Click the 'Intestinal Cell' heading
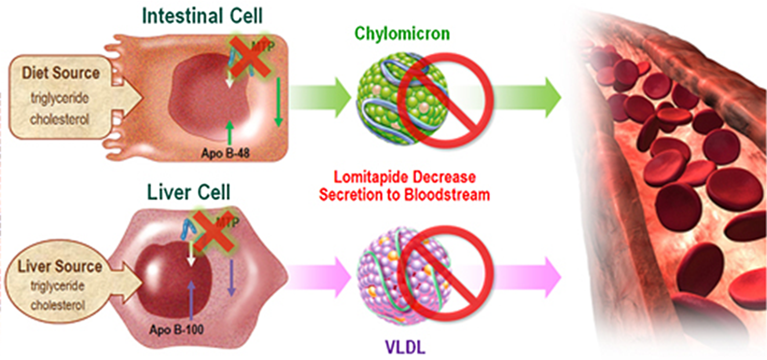pyautogui.click(x=202, y=16)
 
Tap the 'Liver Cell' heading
pyautogui.click(x=189, y=192)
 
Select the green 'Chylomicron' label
pyautogui.click(x=402, y=34)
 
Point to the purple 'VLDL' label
pyautogui.click(x=405, y=347)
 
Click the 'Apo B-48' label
pyautogui.click(x=225, y=153)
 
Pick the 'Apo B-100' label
pyautogui.click(x=176, y=329)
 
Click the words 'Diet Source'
pyautogui.click(x=61, y=73)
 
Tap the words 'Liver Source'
pyautogui.click(x=60, y=266)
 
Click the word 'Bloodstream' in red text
pyautogui.click(x=447, y=194)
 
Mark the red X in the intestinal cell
pyautogui.click(x=251, y=57)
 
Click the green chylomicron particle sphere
pyautogui.click(x=403, y=98)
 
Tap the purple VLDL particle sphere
pyautogui.click(x=404, y=276)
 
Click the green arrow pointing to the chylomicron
pyautogui.click(x=320, y=98)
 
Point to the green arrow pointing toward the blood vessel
pyautogui.click(x=527, y=98)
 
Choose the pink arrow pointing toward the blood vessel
pyautogui.click(x=527, y=277)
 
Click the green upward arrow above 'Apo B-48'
pyautogui.click(x=230, y=133)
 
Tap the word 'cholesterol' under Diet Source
pyautogui.click(x=60, y=119)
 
